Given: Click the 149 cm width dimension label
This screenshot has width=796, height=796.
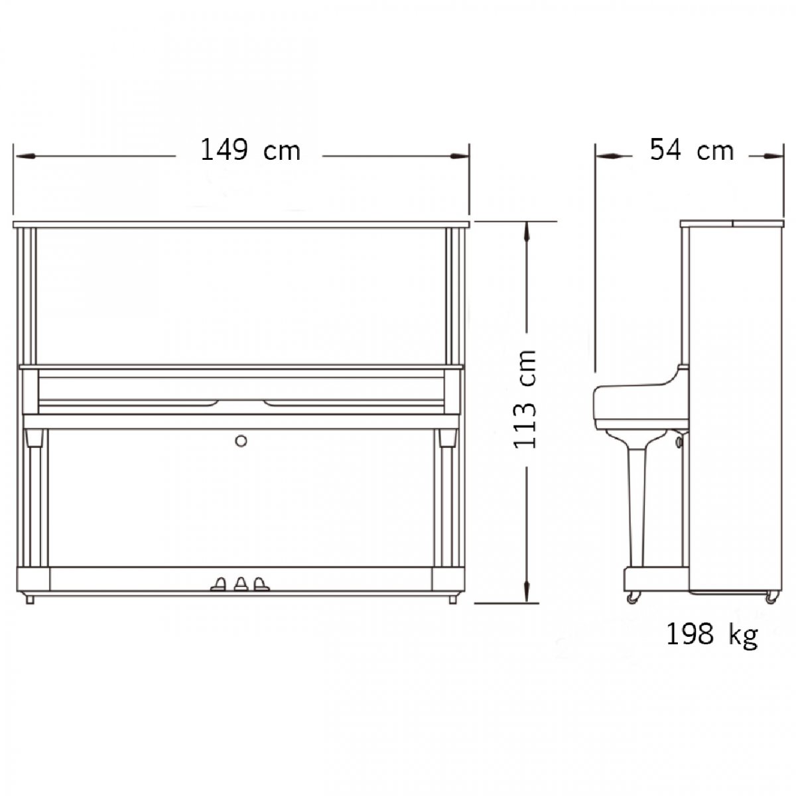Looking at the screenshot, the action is coord(250,150).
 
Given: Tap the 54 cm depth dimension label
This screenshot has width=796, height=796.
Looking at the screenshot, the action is coord(692,150).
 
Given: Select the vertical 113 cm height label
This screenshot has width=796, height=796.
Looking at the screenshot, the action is coord(525,400).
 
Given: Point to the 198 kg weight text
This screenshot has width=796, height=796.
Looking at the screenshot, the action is coord(712,635).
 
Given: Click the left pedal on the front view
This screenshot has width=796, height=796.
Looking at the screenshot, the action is coord(219,584).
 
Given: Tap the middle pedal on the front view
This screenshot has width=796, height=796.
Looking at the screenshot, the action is coord(241,584).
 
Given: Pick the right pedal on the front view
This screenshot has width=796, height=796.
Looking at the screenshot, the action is coord(261,584).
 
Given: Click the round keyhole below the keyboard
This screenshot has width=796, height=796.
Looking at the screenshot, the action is coord(241,441).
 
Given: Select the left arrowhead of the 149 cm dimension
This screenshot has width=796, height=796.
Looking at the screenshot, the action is coord(25,156).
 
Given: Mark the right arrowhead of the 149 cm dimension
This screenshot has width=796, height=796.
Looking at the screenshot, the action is coord(459,156).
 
